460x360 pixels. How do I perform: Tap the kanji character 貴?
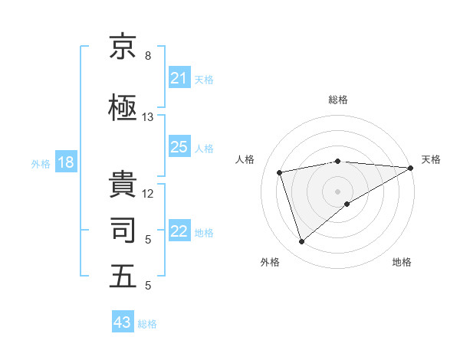click(x=123, y=183)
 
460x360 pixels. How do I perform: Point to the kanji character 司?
click(x=123, y=230)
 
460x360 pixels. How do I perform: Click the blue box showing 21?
click(x=179, y=79)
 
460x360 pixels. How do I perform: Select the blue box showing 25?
click(x=179, y=148)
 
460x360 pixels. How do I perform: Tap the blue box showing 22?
click(x=179, y=232)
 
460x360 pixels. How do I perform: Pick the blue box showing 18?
click(x=65, y=163)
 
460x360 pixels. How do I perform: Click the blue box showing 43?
click(x=123, y=323)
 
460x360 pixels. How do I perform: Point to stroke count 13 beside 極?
click(x=148, y=117)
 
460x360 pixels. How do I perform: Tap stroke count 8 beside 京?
click(x=148, y=56)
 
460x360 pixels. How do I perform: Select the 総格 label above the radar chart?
click(x=338, y=100)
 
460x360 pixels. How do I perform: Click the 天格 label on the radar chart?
click(x=431, y=159)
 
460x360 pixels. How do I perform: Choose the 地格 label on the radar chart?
click(x=402, y=262)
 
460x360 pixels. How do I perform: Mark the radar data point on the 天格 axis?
click(x=410, y=168)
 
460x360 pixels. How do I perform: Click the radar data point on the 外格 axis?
click(x=301, y=242)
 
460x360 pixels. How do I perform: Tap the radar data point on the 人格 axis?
click(x=280, y=172)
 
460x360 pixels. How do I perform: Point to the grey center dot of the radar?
click(x=338, y=191)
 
